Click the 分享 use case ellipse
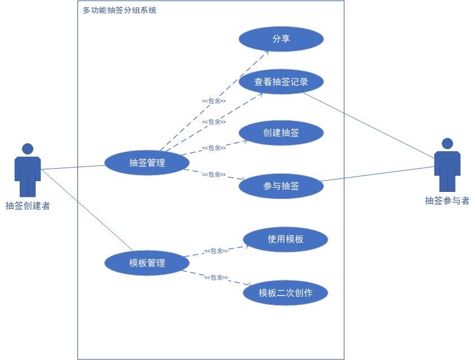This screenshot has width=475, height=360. [x=281, y=39]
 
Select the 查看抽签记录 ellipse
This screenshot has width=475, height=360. [x=281, y=82]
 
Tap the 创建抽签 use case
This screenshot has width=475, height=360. [x=281, y=133]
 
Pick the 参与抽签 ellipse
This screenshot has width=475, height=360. [x=281, y=186]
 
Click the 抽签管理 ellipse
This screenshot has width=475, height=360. [x=147, y=163]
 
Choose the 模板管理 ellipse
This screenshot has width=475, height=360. [x=147, y=263]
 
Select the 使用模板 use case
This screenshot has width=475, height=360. [x=286, y=239]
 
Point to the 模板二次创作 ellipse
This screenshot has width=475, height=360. [x=286, y=293]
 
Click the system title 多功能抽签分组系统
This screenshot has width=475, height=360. [x=119, y=10]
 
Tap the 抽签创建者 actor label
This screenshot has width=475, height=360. [x=28, y=206]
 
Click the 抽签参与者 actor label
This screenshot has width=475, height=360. [x=447, y=200]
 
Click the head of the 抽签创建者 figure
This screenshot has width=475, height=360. [x=28, y=149]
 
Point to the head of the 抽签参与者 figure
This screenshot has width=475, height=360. [x=447, y=143]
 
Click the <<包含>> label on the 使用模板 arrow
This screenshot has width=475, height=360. [x=215, y=251]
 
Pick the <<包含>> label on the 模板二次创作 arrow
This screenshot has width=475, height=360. [x=216, y=277]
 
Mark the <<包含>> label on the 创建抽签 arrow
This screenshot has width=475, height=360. [x=214, y=148]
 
